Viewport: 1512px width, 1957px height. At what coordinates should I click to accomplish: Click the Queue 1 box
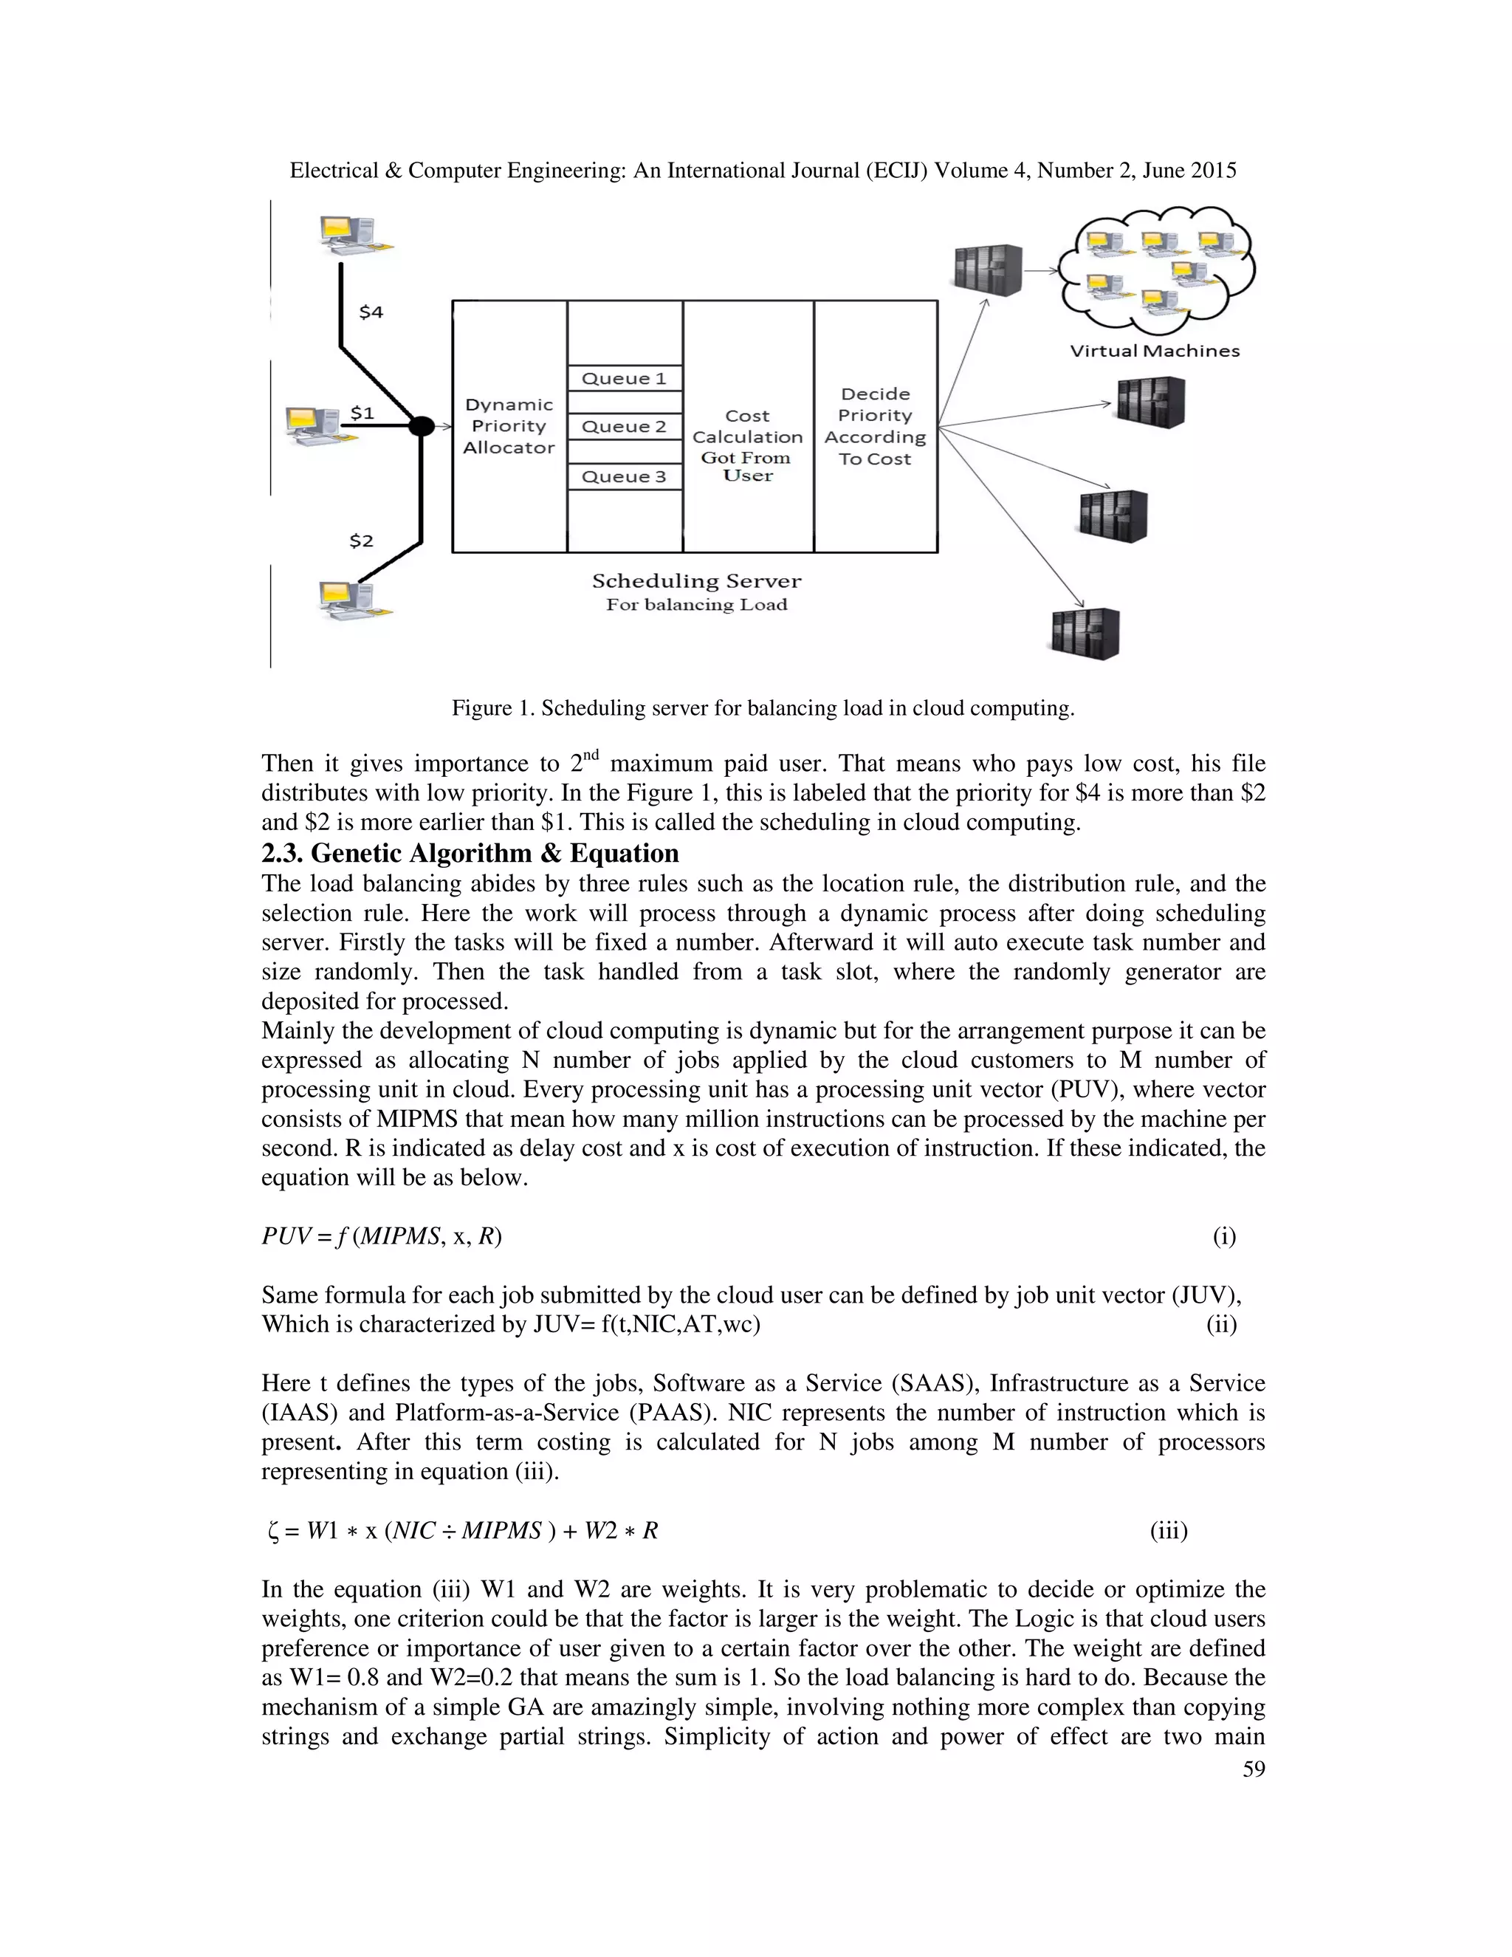coord(625,378)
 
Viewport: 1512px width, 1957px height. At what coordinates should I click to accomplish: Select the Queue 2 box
coord(625,427)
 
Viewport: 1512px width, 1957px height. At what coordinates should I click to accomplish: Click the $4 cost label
coord(371,312)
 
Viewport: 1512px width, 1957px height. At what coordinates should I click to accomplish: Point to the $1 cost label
coord(362,413)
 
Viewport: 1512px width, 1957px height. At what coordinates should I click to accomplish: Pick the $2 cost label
coord(361,541)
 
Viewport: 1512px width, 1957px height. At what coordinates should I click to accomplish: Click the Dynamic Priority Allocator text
coord(509,427)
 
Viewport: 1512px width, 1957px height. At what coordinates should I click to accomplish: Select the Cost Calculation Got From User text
coord(747,445)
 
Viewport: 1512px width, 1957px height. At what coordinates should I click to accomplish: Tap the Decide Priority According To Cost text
coord(875,427)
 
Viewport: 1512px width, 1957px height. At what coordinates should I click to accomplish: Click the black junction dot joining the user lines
coord(420,427)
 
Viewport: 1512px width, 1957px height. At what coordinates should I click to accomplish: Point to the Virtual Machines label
coord(1155,352)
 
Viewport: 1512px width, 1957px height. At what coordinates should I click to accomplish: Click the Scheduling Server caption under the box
coord(696,580)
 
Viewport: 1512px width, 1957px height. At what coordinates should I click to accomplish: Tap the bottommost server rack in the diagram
coord(1085,634)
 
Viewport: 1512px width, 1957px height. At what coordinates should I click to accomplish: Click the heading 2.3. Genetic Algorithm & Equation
coord(470,852)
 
